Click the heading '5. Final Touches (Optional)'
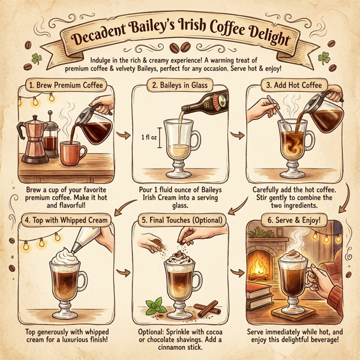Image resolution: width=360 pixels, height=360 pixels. point(179,220)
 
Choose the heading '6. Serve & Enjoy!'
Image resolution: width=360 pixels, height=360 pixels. point(294,220)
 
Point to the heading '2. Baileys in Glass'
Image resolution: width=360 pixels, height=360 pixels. point(179,85)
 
